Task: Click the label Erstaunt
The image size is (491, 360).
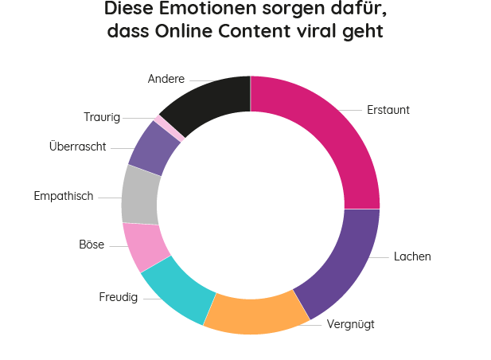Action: click(388, 110)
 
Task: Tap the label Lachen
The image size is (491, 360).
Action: click(412, 256)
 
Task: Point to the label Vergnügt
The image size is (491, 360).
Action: click(350, 324)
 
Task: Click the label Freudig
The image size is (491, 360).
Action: click(119, 298)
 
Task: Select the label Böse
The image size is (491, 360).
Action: click(92, 245)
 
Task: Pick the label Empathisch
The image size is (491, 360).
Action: click(64, 196)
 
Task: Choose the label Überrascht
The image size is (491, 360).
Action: click(77, 147)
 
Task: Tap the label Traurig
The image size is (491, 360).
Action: click(102, 118)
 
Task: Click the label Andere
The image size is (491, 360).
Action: click(166, 79)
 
